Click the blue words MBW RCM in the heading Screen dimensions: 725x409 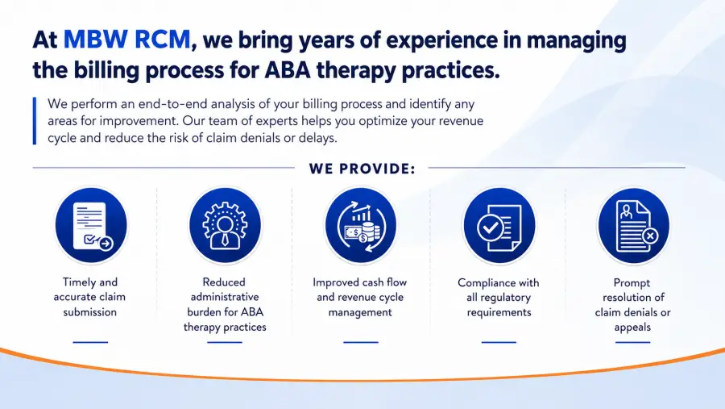(x=126, y=40)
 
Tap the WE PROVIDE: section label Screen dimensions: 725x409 (x=362, y=169)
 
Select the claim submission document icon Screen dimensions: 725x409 (x=91, y=226)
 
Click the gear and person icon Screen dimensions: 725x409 (x=226, y=226)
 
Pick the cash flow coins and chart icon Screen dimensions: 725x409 (x=361, y=226)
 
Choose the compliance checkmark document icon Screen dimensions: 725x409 (x=499, y=226)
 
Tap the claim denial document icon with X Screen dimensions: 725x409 (x=633, y=226)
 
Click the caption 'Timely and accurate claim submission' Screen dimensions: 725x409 (x=89, y=297)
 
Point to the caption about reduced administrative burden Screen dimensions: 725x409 (x=226, y=304)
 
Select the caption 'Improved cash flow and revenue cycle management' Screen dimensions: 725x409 (x=360, y=297)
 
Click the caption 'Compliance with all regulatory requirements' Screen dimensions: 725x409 (x=499, y=298)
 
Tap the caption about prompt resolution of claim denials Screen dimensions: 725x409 (x=632, y=305)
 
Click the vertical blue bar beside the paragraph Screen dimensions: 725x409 (x=34, y=121)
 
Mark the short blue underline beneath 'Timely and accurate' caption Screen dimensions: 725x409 (x=90, y=342)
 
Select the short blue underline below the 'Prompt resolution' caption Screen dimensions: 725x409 (x=632, y=342)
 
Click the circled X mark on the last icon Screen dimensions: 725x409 (x=650, y=236)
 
